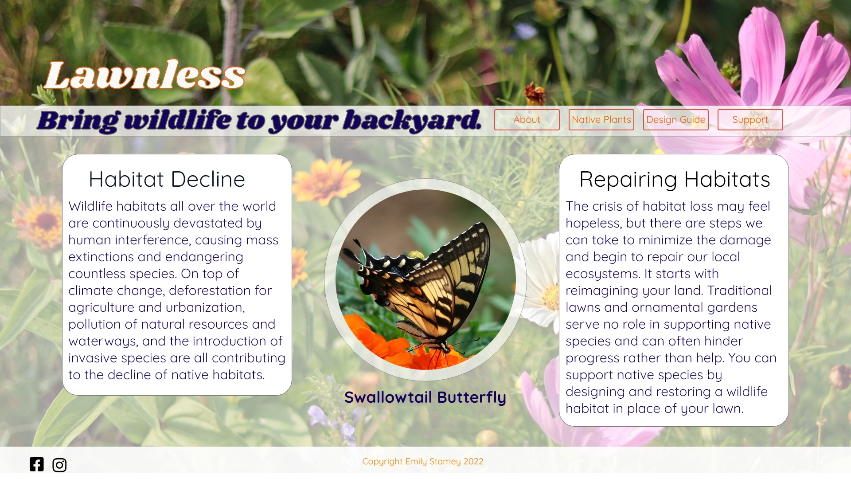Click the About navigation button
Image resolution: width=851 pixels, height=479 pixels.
click(x=527, y=120)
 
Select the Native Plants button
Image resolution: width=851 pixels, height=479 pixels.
click(x=601, y=120)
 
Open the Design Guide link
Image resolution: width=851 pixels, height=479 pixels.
click(x=675, y=120)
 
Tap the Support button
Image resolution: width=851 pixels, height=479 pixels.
click(x=750, y=120)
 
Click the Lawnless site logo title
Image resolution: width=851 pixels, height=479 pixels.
click(x=145, y=75)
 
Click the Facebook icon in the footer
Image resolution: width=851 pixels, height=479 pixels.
click(x=37, y=464)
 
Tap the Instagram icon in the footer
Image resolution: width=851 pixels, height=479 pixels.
click(x=59, y=465)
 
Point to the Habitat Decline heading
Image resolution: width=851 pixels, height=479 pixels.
click(x=167, y=179)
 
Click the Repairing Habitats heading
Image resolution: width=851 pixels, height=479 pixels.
click(x=675, y=180)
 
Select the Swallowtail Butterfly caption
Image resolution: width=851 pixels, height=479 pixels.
click(x=425, y=397)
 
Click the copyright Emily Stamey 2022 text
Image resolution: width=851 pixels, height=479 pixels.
click(x=423, y=461)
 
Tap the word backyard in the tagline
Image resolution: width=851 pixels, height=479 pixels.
click(x=412, y=120)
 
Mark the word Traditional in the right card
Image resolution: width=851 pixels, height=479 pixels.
click(x=740, y=291)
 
